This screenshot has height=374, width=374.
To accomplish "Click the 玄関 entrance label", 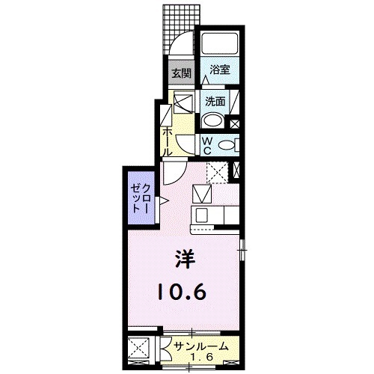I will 180,73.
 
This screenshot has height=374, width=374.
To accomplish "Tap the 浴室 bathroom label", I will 219,70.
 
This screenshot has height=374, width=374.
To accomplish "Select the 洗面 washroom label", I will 216,100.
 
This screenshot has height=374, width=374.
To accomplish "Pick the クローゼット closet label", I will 140,198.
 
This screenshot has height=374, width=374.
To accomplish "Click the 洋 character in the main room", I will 184,260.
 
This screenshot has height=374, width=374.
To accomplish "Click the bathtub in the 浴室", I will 219,44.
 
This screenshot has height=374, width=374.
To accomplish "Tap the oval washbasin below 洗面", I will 213,120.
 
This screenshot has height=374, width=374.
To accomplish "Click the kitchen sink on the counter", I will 203,196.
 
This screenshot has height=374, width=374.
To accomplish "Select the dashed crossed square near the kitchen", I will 217,171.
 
